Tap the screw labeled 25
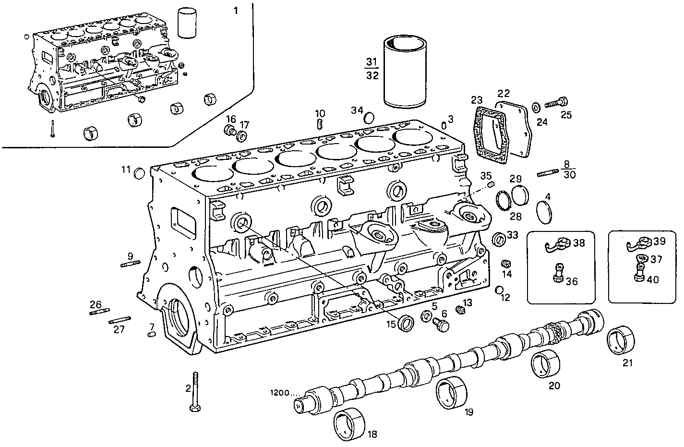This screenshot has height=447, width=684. tap(556, 102)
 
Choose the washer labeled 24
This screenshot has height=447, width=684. tap(536, 106)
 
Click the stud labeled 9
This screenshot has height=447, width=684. tap(130, 264)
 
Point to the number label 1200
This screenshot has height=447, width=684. tap(279, 393)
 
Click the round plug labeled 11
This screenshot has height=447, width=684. tap(139, 173)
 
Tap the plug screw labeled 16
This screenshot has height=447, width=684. tap(229, 130)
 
